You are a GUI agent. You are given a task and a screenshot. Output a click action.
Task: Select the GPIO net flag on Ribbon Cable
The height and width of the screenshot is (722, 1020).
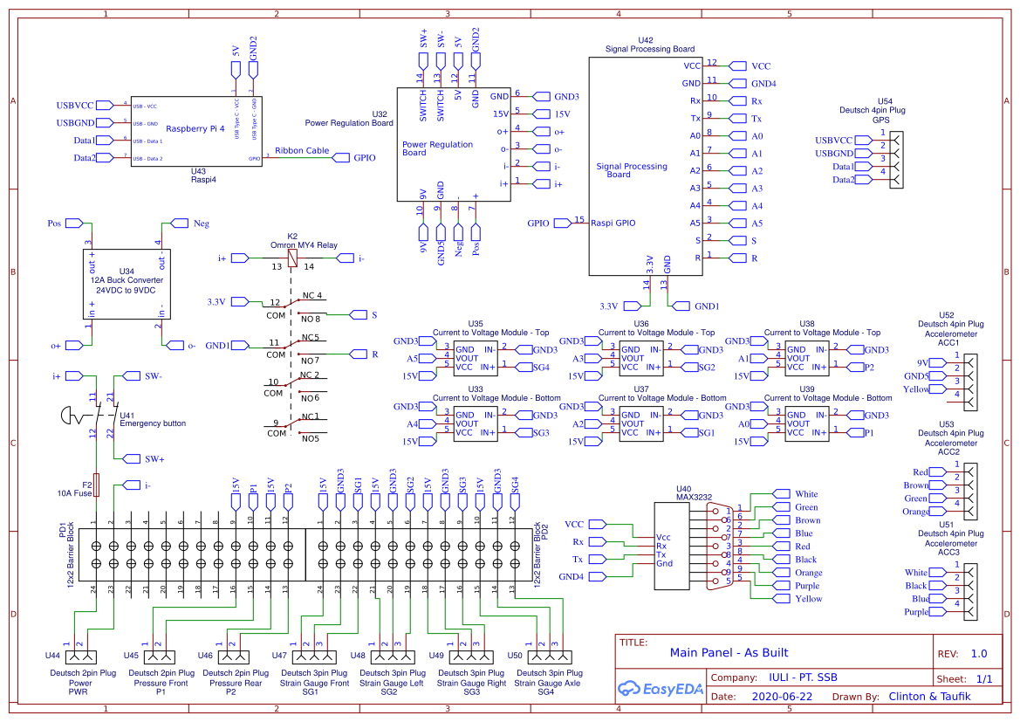coord(362,158)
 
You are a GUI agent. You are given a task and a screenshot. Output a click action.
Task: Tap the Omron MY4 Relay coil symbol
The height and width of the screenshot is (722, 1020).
coord(291,258)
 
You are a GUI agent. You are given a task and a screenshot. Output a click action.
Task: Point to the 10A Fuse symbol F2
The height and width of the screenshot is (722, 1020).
coord(96,485)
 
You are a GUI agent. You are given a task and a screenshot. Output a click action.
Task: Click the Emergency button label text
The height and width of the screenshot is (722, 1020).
coord(152,423)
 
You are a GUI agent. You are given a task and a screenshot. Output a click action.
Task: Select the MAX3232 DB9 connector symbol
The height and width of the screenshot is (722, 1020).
coord(720,546)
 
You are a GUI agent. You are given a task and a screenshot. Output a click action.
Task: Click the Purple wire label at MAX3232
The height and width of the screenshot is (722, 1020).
coord(805,586)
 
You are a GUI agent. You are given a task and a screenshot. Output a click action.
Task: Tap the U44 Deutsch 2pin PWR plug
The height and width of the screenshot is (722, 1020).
coord(79,656)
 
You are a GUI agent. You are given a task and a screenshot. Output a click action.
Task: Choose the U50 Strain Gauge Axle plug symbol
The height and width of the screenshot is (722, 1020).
coord(550,656)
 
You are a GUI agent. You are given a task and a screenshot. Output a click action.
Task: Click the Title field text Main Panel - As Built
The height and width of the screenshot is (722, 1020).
coord(729,652)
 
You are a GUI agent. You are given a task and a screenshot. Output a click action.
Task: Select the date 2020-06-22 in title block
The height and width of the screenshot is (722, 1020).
coord(781,697)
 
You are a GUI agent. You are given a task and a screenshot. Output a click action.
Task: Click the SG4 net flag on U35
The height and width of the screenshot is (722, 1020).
coord(540,368)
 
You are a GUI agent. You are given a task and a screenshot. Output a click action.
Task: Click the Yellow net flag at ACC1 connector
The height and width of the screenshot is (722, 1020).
coord(916,389)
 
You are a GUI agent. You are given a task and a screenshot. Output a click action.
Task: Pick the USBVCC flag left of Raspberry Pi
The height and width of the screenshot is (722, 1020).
coord(74,106)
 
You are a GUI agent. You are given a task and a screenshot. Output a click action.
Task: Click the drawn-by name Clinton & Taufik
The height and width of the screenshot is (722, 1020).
coord(929,697)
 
